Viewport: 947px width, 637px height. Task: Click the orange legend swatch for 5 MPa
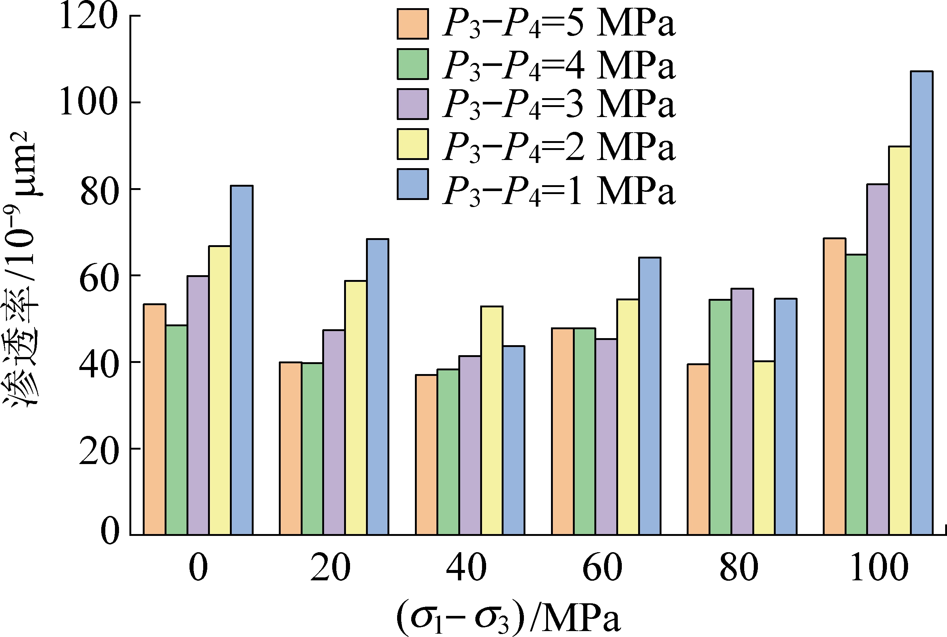click(x=413, y=24)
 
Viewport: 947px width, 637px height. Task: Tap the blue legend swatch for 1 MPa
click(x=413, y=184)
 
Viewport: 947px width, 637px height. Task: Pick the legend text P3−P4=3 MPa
click(x=559, y=104)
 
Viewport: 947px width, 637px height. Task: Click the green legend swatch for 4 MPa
click(x=413, y=64)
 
